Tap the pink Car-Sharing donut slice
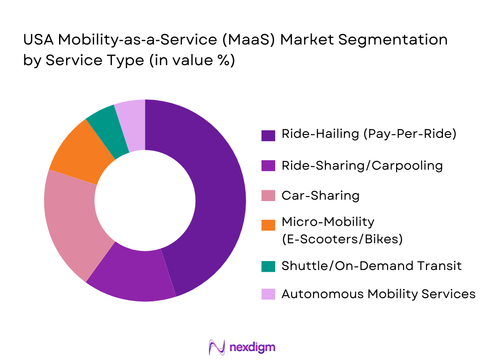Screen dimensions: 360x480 70,220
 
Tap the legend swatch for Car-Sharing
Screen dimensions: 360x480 268,196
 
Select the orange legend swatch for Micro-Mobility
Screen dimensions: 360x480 268,225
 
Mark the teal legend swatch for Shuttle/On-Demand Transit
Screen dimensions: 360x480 268,266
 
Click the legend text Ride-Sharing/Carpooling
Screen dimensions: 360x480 362,165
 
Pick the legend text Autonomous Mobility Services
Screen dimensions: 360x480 378,294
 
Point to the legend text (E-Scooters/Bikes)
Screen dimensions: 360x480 342,239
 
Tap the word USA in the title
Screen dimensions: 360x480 38,40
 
